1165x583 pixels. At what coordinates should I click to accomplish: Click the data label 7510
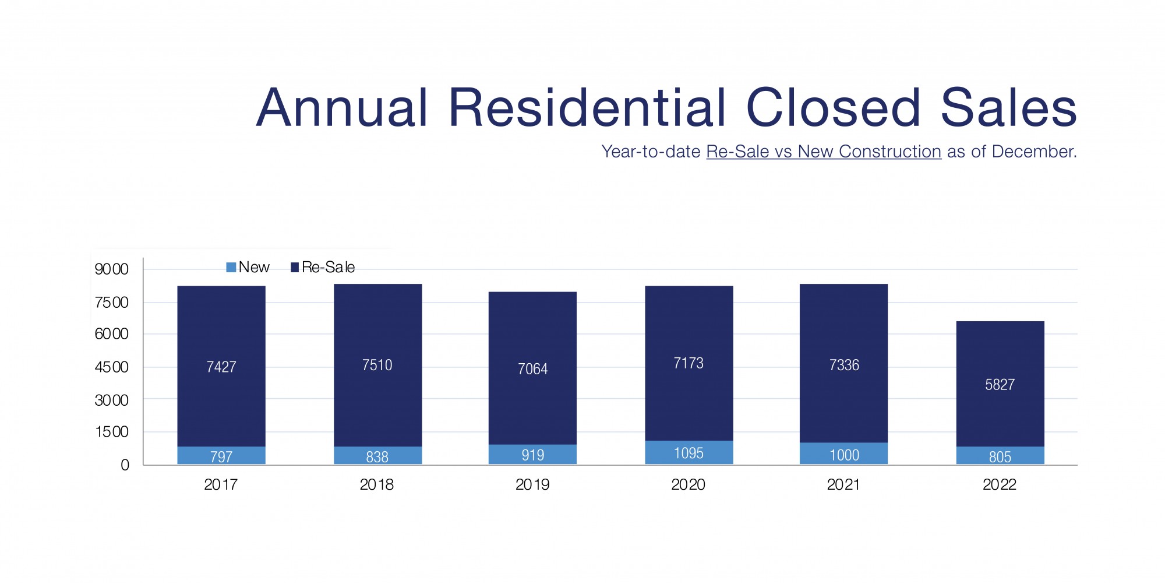tap(377, 365)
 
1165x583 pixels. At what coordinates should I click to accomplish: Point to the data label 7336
tap(844, 365)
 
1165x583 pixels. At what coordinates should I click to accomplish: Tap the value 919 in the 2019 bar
tap(532, 455)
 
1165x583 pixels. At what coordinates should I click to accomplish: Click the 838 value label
tap(377, 456)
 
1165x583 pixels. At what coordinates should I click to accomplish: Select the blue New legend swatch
tap(231, 267)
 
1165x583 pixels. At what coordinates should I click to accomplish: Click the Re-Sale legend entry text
tap(328, 267)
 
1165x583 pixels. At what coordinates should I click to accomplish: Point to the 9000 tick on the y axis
tap(111, 269)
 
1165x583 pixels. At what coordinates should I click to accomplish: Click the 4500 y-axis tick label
tap(111, 367)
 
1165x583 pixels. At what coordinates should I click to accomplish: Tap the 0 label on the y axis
tap(125, 465)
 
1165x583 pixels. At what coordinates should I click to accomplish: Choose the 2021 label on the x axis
tap(843, 484)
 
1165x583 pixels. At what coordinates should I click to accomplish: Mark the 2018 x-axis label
tap(376, 484)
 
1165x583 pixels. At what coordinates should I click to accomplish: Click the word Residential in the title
tap(587, 108)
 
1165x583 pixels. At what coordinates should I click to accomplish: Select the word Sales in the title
tap(1008, 108)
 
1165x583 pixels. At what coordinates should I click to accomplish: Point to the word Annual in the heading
tap(342, 108)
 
